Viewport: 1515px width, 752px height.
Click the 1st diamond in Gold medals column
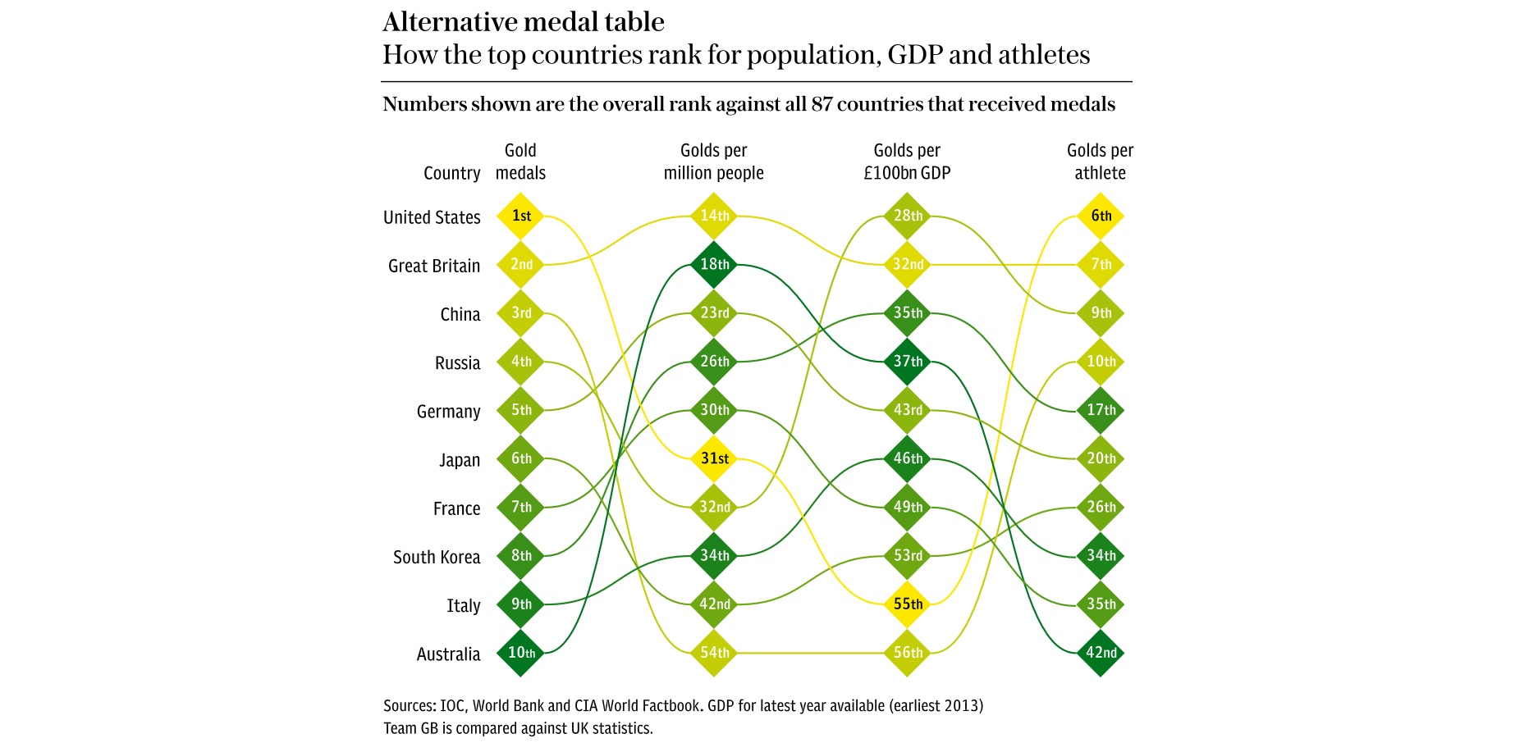pos(520,216)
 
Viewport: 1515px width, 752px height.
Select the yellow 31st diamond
pos(713,458)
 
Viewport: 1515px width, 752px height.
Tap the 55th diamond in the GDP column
pos(907,604)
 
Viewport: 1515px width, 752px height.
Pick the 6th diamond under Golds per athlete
pos(1100,216)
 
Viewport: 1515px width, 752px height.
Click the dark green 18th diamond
pos(713,264)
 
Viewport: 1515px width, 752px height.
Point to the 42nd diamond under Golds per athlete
pos(1100,653)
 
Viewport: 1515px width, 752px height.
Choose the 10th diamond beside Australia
pos(520,653)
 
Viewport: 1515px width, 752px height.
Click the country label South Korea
pos(437,558)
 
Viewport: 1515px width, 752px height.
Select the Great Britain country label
pos(434,267)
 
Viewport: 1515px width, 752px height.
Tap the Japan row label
pos(460,461)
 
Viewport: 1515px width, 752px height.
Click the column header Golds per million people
pos(713,162)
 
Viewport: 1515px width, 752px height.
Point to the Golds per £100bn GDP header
pos(907,162)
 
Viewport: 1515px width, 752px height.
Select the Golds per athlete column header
pos(1100,162)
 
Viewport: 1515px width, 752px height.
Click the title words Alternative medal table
pos(524,22)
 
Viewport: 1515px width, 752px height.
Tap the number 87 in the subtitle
pos(822,105)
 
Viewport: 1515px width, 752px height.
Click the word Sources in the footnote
pos(408,706)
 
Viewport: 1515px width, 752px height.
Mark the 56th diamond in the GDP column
pos(907,653)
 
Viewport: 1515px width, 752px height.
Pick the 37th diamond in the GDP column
pos(907,362)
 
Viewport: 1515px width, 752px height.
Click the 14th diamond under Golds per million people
pos(713,216)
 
